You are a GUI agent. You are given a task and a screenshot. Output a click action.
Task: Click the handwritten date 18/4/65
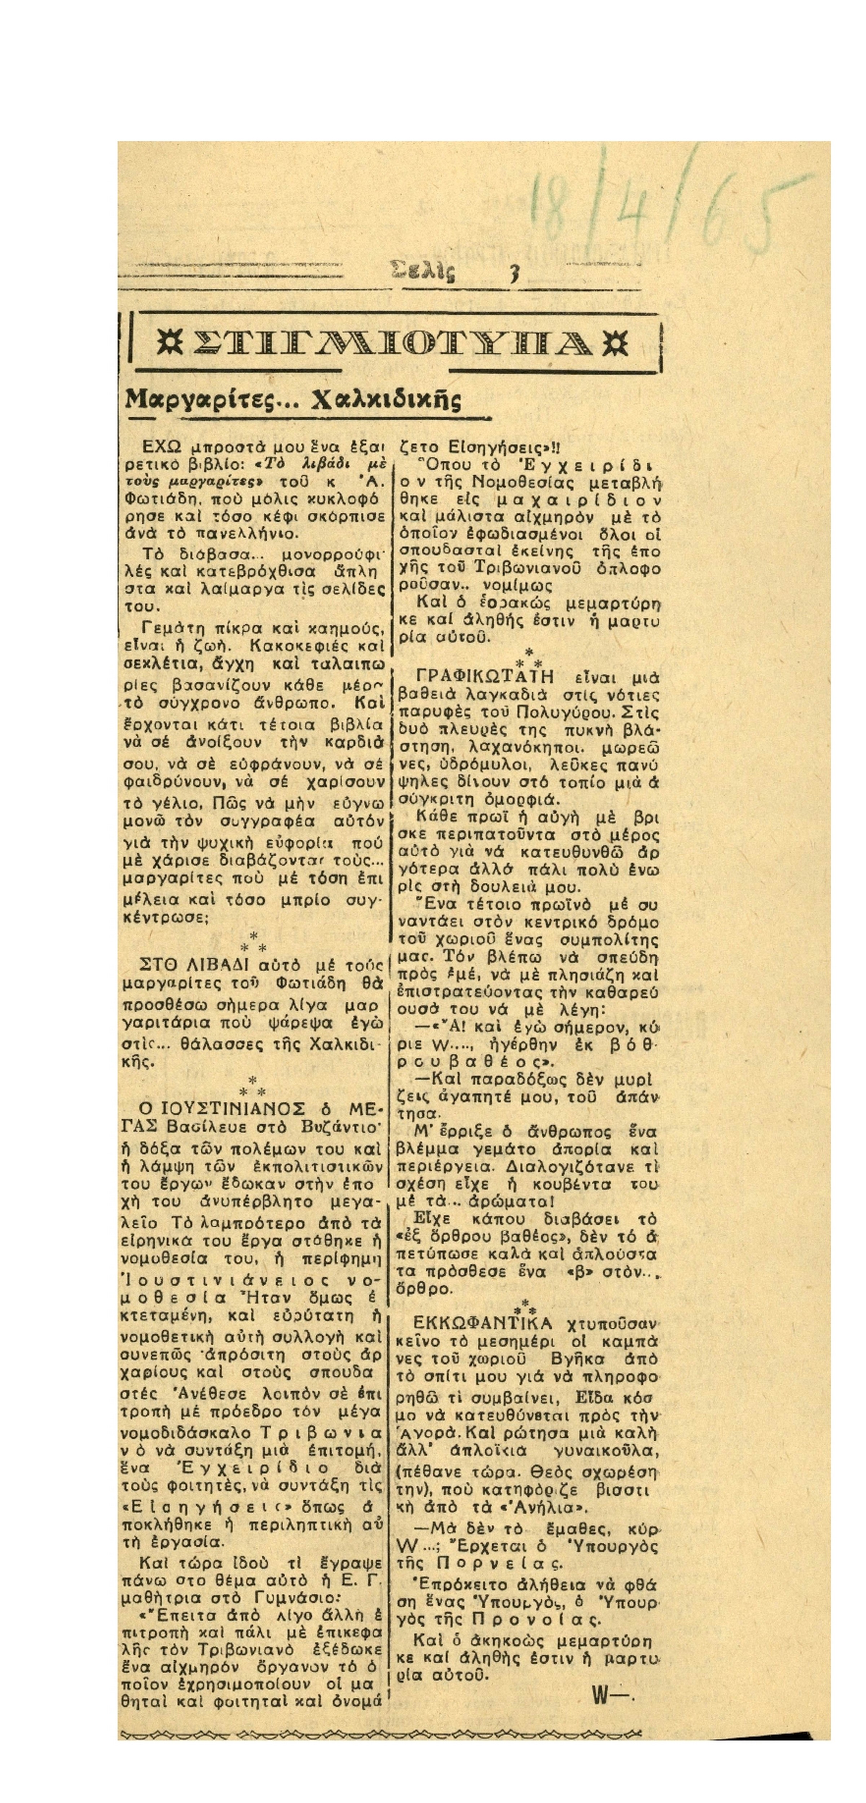(x=658, y=210)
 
